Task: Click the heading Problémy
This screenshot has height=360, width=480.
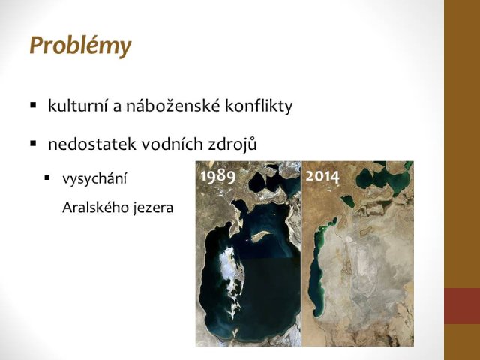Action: [x=80, y=46]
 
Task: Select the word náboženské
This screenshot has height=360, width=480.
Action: [x=173, y=106]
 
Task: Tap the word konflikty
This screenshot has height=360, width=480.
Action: [x=259, y=106]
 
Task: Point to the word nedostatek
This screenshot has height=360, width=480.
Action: [x=91, y=144]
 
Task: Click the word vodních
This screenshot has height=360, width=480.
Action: [x=172, y=144]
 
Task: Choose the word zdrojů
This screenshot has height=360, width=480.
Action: [x=232, y=144]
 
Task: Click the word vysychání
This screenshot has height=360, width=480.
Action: [x=94, y=178]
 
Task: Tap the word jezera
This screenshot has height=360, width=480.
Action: [x=153, y=208]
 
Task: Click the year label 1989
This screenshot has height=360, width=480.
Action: [x=218, y=177]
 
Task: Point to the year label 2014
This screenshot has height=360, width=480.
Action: [x=322, y=177]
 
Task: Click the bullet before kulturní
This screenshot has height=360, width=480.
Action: [x=33, y=105]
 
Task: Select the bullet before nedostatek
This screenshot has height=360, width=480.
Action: [x=33, y=143]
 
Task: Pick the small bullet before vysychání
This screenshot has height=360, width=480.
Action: [x=46, y=178]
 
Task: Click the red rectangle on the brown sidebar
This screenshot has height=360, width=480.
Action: [x=462, y=306]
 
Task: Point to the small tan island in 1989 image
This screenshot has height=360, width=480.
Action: [x=260, y=235]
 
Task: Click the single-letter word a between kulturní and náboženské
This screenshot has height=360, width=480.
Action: [x=117, y=108]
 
